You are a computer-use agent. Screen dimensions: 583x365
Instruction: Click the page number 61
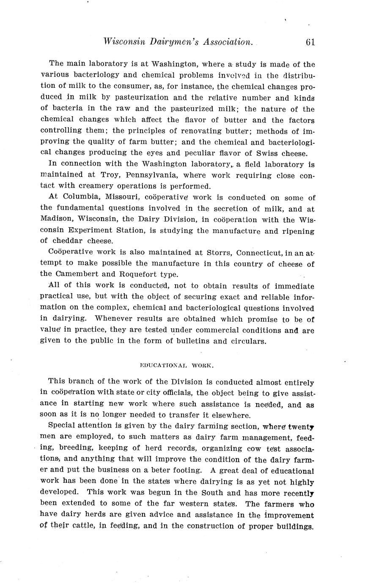[310, 42]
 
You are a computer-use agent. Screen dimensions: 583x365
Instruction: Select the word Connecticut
[259, 253]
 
